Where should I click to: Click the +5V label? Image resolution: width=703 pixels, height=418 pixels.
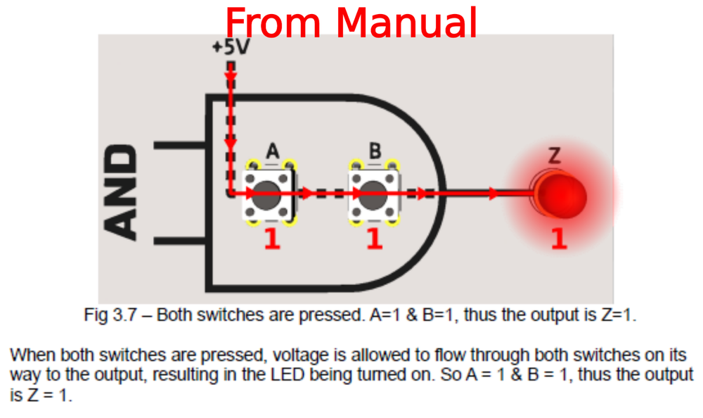pos(231,49)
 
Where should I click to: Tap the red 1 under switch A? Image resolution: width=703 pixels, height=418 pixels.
pos(272,239)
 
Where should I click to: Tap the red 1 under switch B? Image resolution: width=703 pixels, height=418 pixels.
pos(375,239)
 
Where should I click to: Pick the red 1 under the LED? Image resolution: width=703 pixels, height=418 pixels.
pos(559,239)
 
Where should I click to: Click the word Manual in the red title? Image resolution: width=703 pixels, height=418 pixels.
pos(406,23)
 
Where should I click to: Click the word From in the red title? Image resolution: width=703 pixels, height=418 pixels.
pos(276,23)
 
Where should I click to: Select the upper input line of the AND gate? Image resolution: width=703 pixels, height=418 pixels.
pos(179,146)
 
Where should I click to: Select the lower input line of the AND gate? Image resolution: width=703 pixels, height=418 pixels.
pos(179,242)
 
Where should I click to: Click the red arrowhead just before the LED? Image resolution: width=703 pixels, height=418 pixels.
pos(494,192)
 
